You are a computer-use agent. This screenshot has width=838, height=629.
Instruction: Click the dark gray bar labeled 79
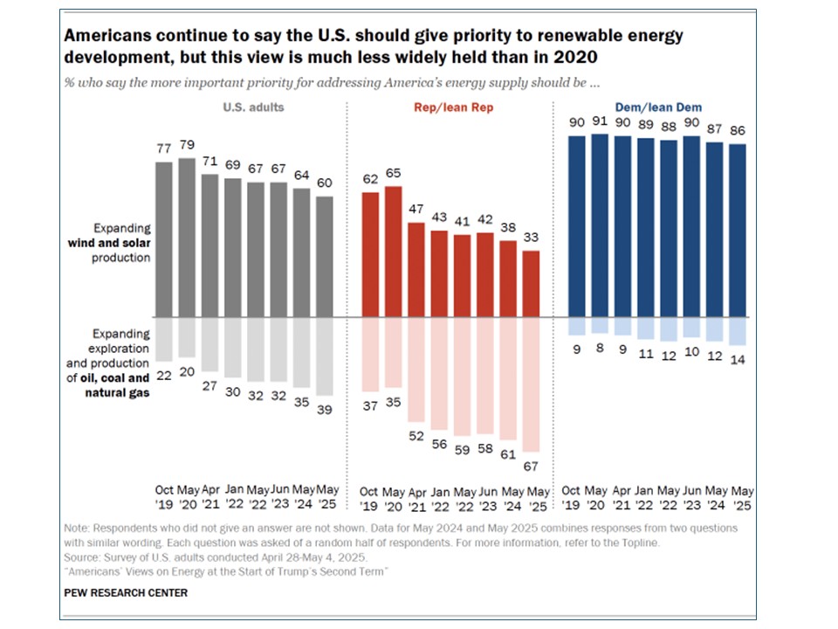pos(187,236)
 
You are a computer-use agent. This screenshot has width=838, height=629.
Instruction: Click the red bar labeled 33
pos(530,283)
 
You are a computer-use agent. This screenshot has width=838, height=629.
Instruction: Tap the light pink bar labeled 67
pos(530,384)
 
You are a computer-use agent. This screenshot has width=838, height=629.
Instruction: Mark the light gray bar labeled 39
pos(323,356)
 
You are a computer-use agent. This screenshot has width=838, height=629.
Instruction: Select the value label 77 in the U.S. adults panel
pos(163,149)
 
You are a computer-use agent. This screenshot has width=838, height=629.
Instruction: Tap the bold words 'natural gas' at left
pos(119,393)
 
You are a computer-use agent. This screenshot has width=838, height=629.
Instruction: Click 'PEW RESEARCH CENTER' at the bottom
pos(126,593)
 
